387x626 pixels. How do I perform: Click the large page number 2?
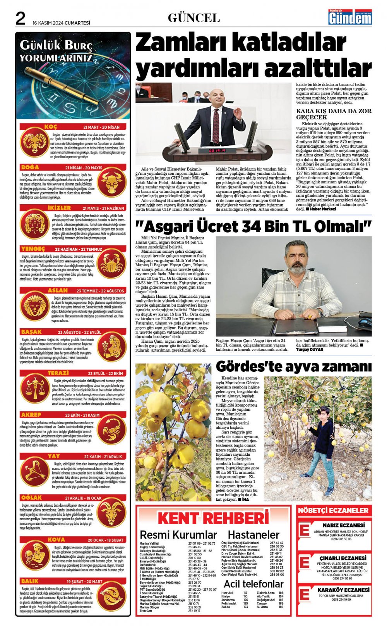click(x=21, y=18)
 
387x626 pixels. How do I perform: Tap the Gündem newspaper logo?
click(x=350, y=17)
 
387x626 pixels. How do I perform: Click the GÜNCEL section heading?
click(x=194, y=18)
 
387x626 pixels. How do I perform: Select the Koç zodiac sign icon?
click(x=34, y=142)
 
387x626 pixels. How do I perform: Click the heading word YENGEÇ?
click(x=33, y=249)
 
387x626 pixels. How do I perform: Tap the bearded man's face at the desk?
click(x=296, y=259)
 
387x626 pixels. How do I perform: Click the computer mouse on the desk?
click(x=364, y=322)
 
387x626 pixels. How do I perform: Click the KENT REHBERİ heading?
click(x=213, y=518)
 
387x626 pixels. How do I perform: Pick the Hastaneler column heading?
click(x=253, y=535)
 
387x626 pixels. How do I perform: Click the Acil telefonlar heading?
click(x=253, y=584)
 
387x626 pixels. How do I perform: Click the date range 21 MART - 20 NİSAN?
click(x=101, y=127)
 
